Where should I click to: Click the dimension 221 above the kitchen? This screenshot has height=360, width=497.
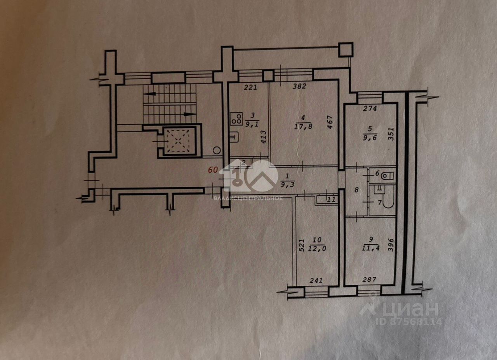click(x=250, y=87)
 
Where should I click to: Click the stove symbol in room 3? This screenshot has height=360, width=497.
click(x=236, y=118)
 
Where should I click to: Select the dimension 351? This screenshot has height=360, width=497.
click(x=391, y=134)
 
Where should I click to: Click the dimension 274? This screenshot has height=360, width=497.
click(x=370, y=109)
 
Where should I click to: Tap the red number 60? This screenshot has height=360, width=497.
click(x=212, y=170)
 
